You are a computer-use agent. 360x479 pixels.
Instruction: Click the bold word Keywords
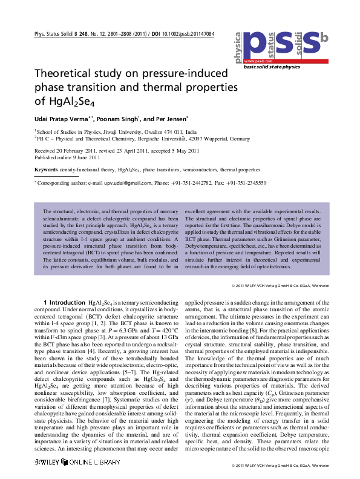pos(47,170)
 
